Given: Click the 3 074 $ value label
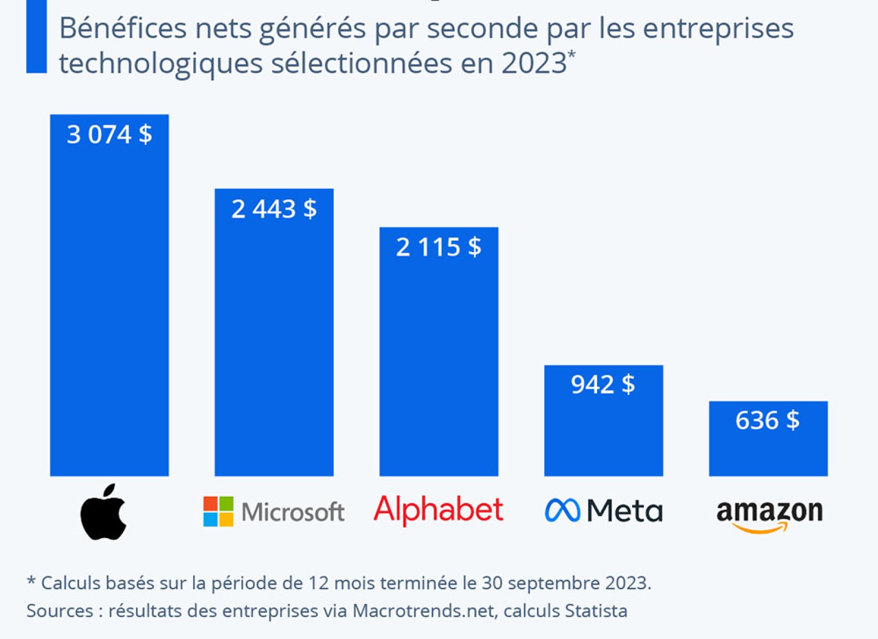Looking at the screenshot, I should pos(109,134).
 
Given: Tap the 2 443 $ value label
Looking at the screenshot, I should pos(274,209).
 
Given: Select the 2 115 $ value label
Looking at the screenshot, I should pos(438,247).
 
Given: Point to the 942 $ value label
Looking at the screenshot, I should pos(603,384).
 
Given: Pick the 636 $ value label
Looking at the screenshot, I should pos(767,421).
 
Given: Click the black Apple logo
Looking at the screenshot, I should pos(104,512).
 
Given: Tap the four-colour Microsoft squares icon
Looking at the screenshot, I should pos(218,512).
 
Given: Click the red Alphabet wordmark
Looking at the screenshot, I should pos(438,510).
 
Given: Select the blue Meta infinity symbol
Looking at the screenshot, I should pos(562,511).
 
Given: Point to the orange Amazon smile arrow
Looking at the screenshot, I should pos(760,529).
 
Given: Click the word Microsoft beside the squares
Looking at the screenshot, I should pos(292,512).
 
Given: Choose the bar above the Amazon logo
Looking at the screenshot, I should pos(768,450).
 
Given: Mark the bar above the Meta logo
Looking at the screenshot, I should pos(604,434).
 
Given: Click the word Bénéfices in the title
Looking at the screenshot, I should pos(123,29).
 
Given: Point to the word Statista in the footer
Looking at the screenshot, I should pos(596,611).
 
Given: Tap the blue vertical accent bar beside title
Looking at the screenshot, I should pos(36,36).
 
